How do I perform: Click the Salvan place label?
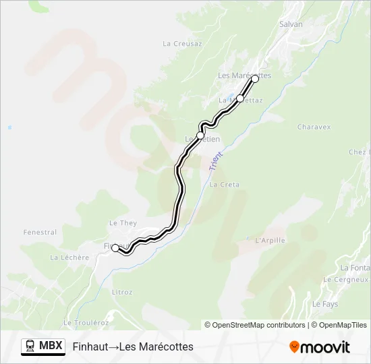click(291, 24)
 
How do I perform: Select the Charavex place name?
click(314, 126)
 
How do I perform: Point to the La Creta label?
click(225, 184)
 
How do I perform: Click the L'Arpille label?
click(270, 240)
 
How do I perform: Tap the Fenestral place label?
click(40, 233)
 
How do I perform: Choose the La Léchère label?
click(69, 257)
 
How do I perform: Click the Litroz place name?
click(122, 292)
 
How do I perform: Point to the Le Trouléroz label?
click(86, 323)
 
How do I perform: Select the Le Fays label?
click(325, 304)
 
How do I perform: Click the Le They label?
click(123, 223)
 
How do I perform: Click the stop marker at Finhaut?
click(115, 248)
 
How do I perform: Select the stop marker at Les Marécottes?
click(255, 79)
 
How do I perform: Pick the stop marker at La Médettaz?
click(239, 98)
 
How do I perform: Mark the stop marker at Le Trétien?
click(200, 135)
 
